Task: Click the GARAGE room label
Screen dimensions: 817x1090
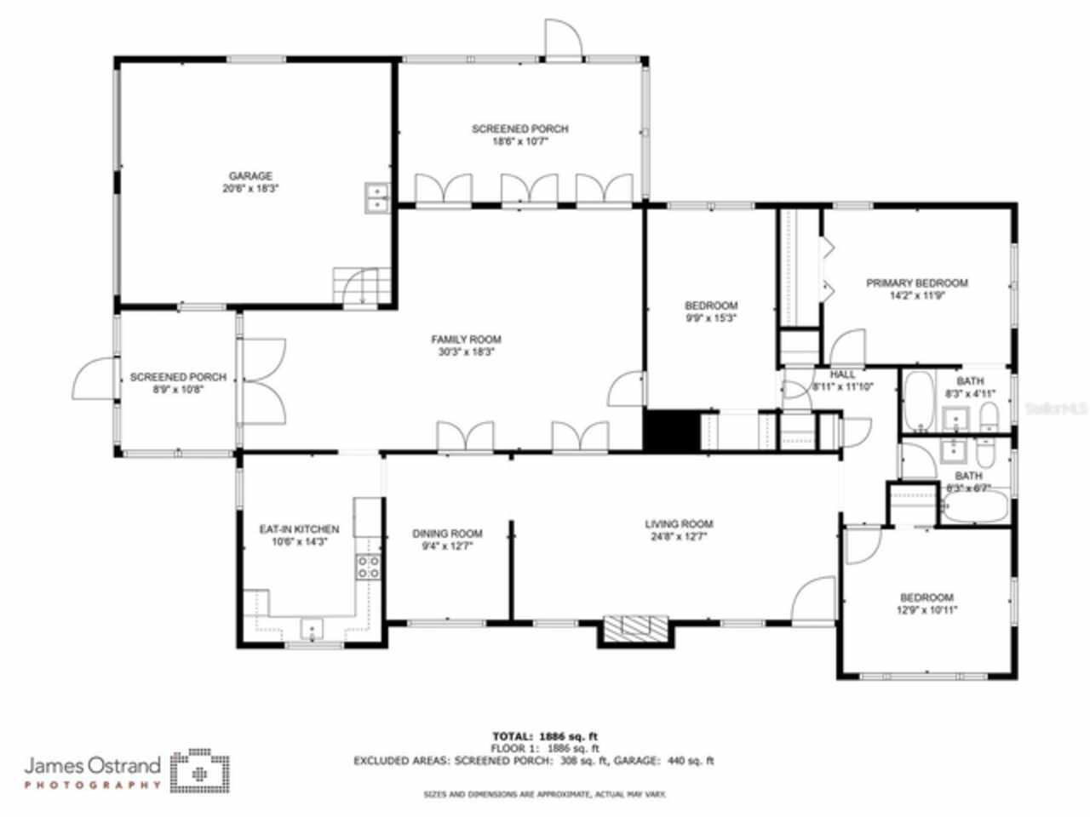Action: (x=250, y=176)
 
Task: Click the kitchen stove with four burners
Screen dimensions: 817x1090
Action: (x=368, y=568)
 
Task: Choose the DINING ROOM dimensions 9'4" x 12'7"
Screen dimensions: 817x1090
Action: (x=447, y=546)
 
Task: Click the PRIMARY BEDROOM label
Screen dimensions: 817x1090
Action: (x=916, y=283)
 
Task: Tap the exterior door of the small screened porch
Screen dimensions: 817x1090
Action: (x=94, y=380)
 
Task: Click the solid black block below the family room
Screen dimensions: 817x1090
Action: (x=670, y=431)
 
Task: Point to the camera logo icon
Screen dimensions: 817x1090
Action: (x=200, y=771)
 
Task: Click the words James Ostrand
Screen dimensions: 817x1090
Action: (x=92, y=764)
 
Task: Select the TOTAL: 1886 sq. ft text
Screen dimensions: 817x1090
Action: (x=550, y=736)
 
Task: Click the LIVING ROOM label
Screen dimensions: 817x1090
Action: (x=679, y=524)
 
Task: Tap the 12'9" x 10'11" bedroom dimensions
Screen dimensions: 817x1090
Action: (x=926, y=610)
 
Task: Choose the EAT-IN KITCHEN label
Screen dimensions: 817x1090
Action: (x=299, y=529)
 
